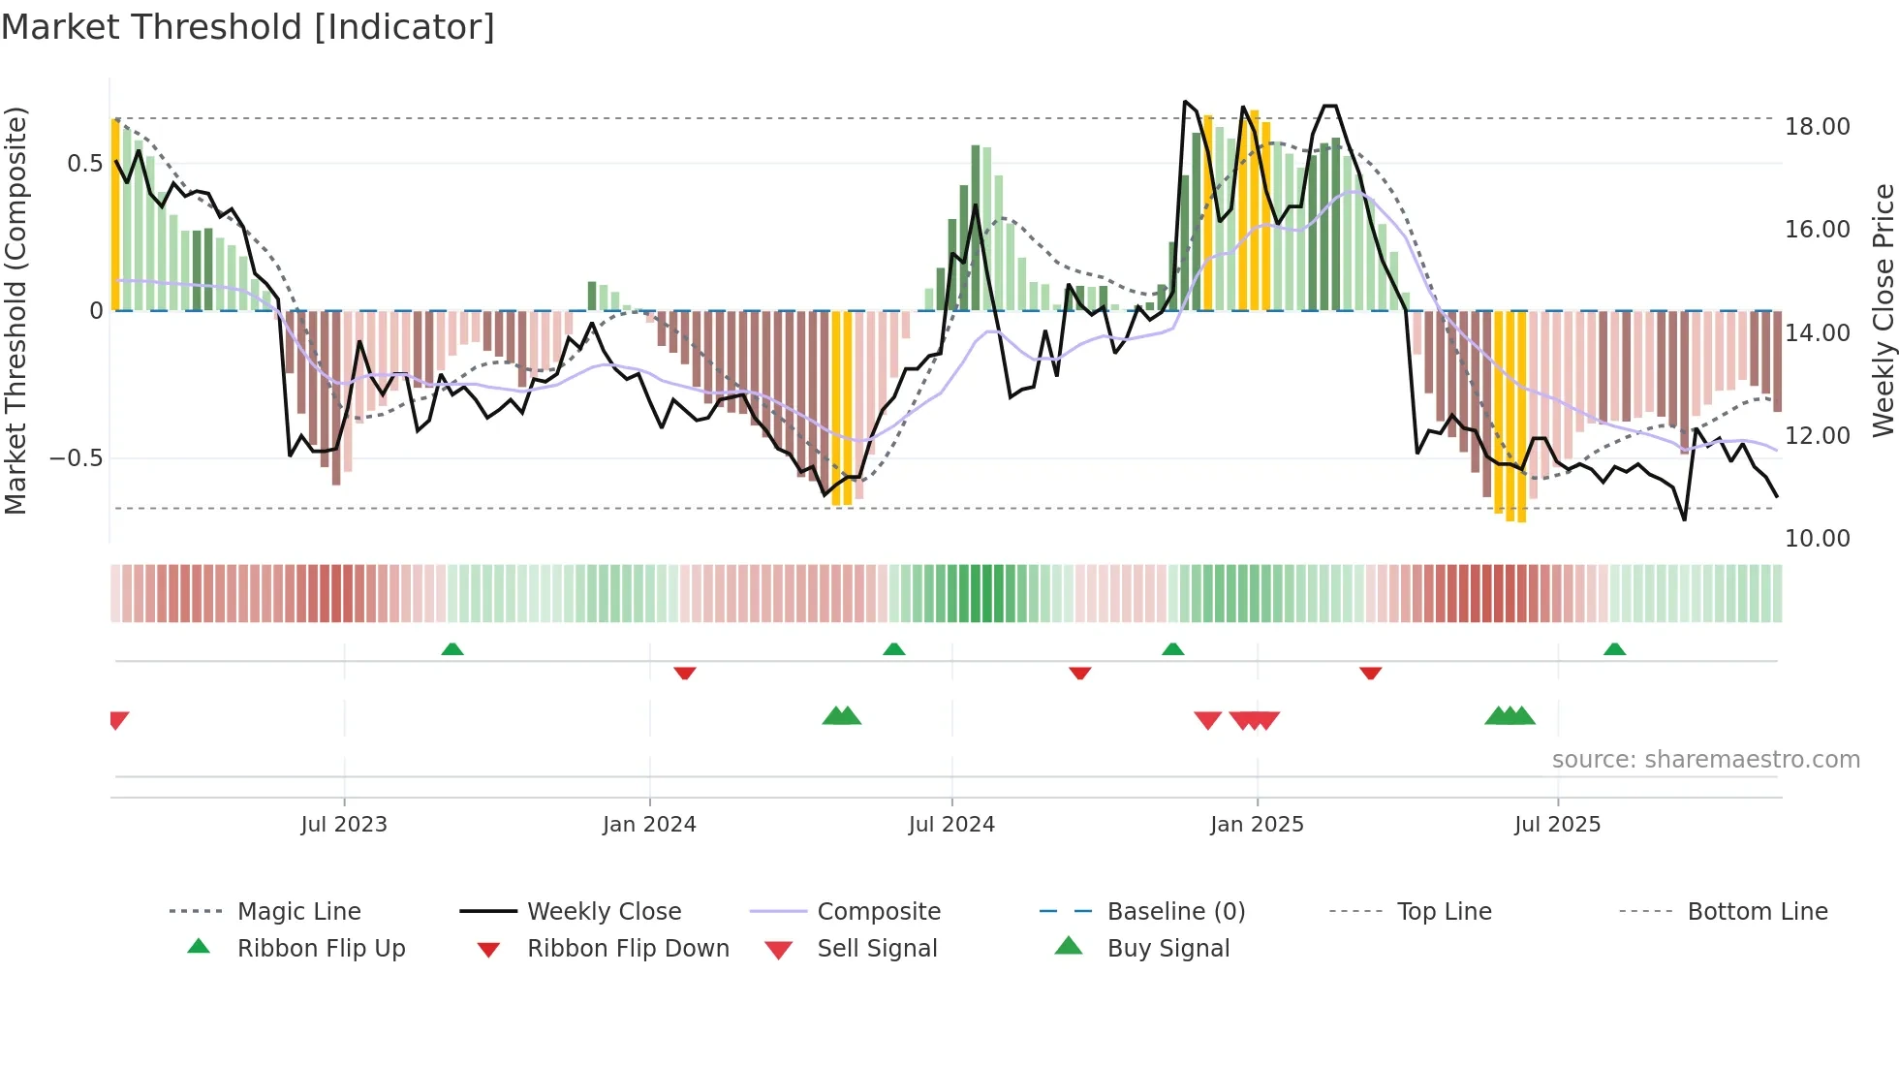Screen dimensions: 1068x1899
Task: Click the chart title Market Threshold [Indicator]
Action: pyautogui.click(x=248, y=27)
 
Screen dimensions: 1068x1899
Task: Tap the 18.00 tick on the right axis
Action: pyautogui.click(x=1817, y=127)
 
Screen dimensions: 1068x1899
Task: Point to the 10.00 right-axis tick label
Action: pyautogui.click(x=1817, y=539)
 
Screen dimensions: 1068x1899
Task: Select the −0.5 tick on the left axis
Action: pyautogui.click(x=76, y=458)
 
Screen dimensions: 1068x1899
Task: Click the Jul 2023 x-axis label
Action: pyautogui.click(x=344, y=825)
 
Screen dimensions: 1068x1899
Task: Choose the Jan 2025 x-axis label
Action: pyautogui.click(x=1257, y=825)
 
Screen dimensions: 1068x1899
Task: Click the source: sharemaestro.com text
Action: pyautogui.click(x=1705, y=760)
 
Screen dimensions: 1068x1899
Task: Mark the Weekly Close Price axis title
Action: pyautogui.click(x=1883, y=310)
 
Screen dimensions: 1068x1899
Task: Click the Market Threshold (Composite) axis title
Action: pyautogui.click(x=16, y=310)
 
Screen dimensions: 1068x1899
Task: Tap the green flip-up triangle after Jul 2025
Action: pyautogui.click(x=1614, y=649)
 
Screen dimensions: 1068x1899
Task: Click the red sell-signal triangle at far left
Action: pyautogui.click(x=118, y=720)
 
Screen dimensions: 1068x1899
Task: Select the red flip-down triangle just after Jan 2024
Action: pyautogui.click(x=685, y=673)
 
